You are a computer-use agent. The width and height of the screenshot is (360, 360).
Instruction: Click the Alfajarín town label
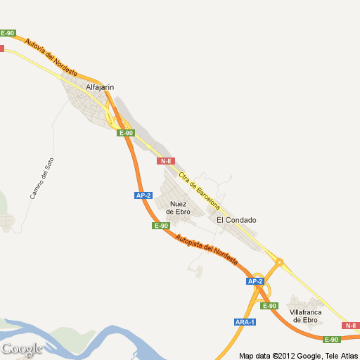pos(99,87)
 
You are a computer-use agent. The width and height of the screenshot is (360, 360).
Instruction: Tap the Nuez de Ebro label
pos(179,207)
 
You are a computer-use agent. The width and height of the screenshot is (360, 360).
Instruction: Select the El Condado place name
pos(236,220)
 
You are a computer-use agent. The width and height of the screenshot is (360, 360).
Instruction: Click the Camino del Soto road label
pos(41,178)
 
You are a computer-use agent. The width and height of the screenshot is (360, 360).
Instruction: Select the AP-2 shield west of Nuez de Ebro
pos(143,195)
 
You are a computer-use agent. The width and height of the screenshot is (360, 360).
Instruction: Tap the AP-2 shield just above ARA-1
pos(255,281)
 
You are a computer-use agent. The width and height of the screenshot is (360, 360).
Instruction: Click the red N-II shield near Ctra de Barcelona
pos(167,161)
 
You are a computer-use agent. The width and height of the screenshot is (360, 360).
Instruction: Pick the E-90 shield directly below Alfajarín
pos(126,133)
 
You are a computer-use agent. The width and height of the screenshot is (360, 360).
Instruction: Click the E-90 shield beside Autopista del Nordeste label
pos(161,226)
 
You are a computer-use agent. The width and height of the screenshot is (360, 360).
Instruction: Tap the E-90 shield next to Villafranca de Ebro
pos(269,306)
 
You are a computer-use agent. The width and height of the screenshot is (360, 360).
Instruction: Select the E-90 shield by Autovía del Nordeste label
pos(8,33)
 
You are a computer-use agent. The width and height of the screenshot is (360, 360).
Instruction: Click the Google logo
pos(22,349)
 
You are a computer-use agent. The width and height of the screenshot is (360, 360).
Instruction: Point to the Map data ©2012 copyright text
pos(298,355)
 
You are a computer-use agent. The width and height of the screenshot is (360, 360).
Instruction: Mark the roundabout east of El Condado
pos(279,262)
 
